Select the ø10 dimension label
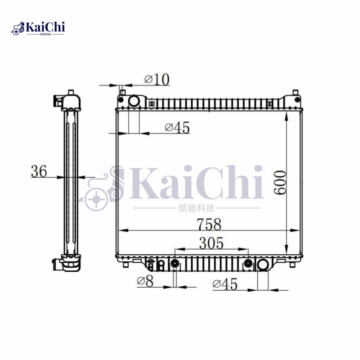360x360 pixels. pos(157,80)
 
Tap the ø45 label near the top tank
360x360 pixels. pos(177,128)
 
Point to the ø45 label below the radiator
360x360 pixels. pos(225,284)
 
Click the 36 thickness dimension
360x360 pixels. pos(39,171)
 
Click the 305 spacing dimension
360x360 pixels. pos(211,243)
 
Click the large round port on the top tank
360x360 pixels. pos(134,101)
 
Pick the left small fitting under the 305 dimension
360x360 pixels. pos(175,264)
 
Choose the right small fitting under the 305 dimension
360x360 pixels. pos(247,264)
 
